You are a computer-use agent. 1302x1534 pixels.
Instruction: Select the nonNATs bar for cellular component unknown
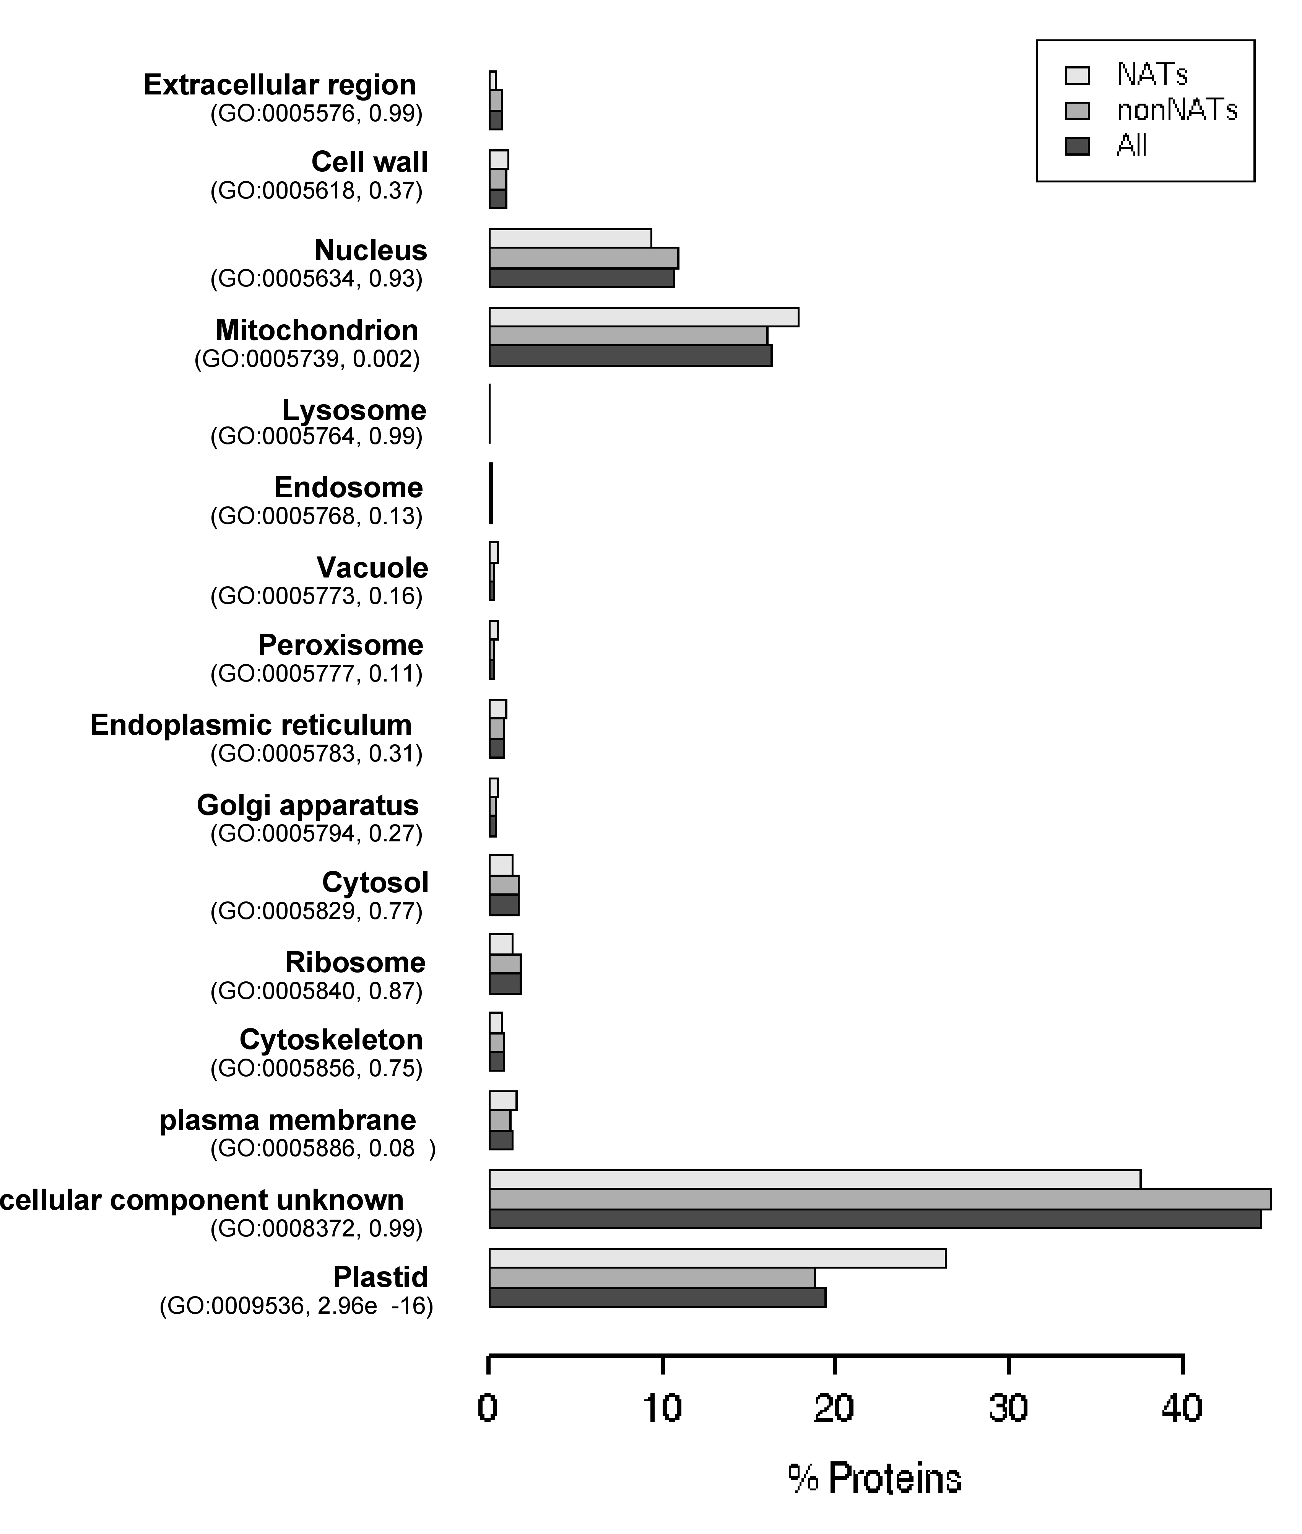click(880, 1199)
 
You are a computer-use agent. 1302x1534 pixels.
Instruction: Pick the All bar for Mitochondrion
click(630, 355)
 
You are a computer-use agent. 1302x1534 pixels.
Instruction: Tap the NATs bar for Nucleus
click(570, 238)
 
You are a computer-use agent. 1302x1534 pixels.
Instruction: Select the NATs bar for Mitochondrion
click(644, 317)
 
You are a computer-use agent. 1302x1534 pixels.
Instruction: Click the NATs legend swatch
click(1077, 75)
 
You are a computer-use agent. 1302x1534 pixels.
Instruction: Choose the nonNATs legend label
click(1177, 110)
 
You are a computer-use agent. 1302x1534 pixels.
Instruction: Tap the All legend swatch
click(1077, 146)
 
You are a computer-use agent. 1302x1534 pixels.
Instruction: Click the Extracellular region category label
click(280, 85)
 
